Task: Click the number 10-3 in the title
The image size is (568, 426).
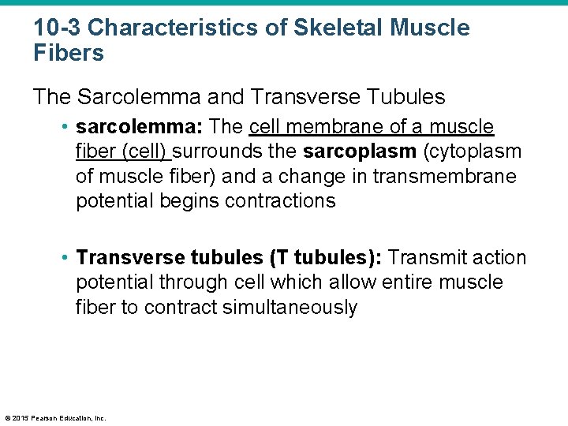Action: pyautogui.click(x=57, y=28)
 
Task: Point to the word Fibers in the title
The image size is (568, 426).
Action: pyautogui.click(x=69, y=54)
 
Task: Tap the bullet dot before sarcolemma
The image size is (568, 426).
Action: pyautogui.click(x=66, y=128)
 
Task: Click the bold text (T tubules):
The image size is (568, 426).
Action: pyautogui.click(x=327, y=258)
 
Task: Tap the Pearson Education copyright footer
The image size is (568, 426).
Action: pyautogui.click(x=55, y=418)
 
